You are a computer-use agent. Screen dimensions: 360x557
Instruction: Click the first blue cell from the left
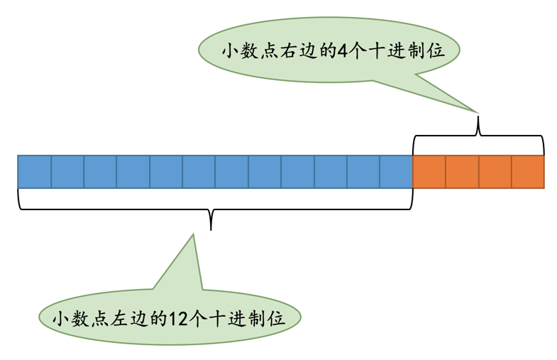click(34, 172)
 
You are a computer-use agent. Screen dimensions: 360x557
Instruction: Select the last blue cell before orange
click(396, 172)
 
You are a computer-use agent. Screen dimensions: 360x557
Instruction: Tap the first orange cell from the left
click(429, 172)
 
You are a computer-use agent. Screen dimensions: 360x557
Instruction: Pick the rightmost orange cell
click(528, 172)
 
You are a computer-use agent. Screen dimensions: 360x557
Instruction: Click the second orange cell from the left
click(462, 172)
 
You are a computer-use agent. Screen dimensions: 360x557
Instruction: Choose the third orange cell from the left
click(495, 172)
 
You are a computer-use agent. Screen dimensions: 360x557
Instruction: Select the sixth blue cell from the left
click(199, 172)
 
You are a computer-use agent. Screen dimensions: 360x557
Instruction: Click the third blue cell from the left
click(100, 172)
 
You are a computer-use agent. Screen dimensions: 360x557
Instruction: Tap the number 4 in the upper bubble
click(344, 51)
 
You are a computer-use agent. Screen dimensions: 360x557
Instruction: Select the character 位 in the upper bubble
click(436, 51)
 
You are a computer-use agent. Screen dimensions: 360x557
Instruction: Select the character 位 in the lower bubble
click(275, 318)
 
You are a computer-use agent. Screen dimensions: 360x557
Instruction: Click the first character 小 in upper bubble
click(229, 51)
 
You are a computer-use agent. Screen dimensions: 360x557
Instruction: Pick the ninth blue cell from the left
click(297, 172)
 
